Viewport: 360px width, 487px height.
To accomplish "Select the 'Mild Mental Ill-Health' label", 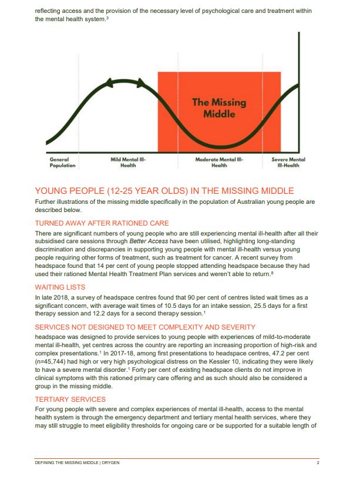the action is pyautogui.click(x=128, y=162).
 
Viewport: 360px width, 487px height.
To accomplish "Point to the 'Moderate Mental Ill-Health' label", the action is pyautogui.click(x=219, y=162).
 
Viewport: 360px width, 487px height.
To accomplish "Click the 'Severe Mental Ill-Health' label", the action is pyautogui.click(x=288, y=162).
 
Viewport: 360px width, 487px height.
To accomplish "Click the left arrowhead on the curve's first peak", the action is pyautogui.click(x=108, y=85).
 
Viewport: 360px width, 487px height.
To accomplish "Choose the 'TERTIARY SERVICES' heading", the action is pyautogui.click(x=70, y=399).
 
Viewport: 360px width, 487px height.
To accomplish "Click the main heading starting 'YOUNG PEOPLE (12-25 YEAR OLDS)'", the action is pyautogui.click(x=164, y=191).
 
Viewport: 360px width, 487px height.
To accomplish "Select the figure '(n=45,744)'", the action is pyautogui.click(x=54, y=362).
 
